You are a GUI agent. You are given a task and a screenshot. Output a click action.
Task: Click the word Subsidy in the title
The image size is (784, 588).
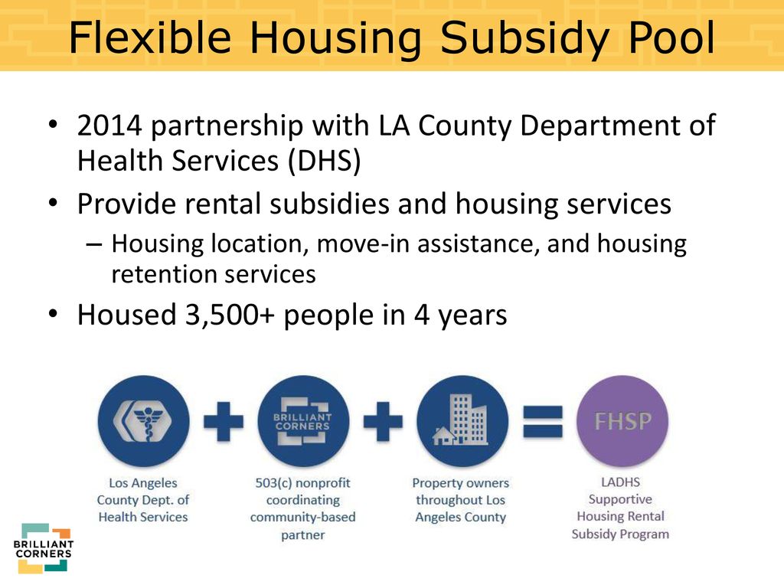[525, 39]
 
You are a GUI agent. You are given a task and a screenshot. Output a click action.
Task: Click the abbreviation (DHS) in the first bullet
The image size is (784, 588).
[324, 161]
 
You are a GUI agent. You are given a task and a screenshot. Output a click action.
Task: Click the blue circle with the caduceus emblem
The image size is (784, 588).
[143, 421]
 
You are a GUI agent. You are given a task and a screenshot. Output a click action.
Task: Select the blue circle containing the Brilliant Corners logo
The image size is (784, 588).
[303, 421]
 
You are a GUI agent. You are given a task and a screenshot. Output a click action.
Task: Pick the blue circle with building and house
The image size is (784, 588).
[462, 421]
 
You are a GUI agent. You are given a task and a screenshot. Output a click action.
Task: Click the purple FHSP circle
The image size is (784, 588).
[622, 421]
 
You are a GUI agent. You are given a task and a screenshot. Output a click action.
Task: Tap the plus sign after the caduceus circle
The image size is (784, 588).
[224, 422]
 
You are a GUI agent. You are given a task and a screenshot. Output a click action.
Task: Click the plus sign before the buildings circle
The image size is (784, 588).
[383, 422]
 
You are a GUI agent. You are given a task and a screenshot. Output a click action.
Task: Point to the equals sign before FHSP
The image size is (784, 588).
[543, 422]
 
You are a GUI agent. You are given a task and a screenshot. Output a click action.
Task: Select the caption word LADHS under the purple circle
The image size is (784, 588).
[620, 482]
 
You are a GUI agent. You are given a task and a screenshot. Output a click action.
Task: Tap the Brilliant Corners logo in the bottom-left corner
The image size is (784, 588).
[44, 548]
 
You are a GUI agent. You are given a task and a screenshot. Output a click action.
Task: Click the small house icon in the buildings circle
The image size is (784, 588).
[444, 436]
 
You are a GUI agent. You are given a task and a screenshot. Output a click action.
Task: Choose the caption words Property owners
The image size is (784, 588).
[460, 483]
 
